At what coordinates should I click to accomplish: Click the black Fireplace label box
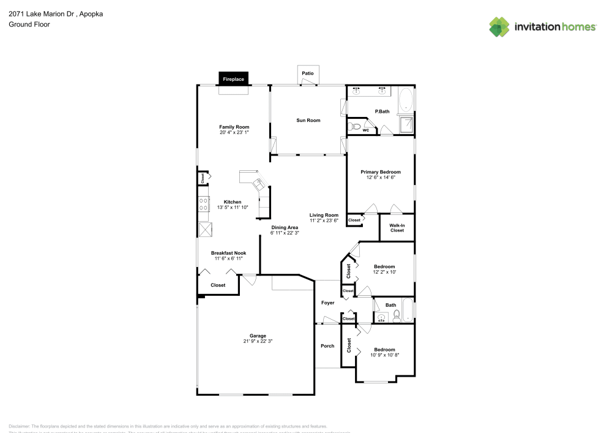click(233, 79)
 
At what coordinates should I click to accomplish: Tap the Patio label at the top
click(307, 73)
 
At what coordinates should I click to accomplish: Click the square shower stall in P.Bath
click(406, 126)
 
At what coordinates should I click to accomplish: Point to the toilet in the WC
click(353, 127)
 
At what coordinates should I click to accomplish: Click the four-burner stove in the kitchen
click(203, 204)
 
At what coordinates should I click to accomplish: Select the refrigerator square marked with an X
click(204, 229)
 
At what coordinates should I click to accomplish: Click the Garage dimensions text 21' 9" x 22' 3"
click(257, 341)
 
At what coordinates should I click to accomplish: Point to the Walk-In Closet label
click(397, 228)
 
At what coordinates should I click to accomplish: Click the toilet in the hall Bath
click(397, 315)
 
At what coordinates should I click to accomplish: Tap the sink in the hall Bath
click(381, 317)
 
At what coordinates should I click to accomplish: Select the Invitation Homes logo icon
click(499, 26)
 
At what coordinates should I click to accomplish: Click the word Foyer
click(327, 303)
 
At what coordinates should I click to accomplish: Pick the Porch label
click(327, 346)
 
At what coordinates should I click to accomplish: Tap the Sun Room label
click(308, 120)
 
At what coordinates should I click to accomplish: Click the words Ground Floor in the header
click(29, 24)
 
